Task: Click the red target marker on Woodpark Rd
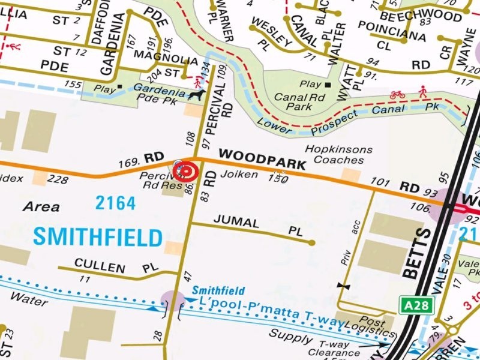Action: point(186,171)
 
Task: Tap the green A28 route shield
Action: point(416,305)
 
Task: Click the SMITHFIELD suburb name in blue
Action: point(97,237)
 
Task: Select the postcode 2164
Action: point(115,203)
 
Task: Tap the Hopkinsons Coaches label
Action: point(338,155)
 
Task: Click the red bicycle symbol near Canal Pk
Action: point(397,95)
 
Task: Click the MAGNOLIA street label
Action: point(165,61)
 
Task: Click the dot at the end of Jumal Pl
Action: point(311,243)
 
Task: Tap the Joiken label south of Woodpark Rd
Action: point(239,175)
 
